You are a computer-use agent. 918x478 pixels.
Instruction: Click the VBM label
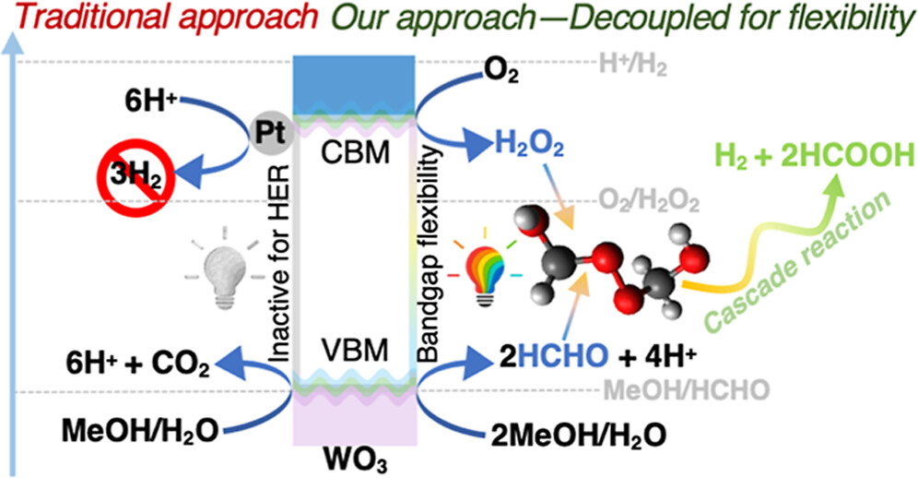click(x=356, y=352)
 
